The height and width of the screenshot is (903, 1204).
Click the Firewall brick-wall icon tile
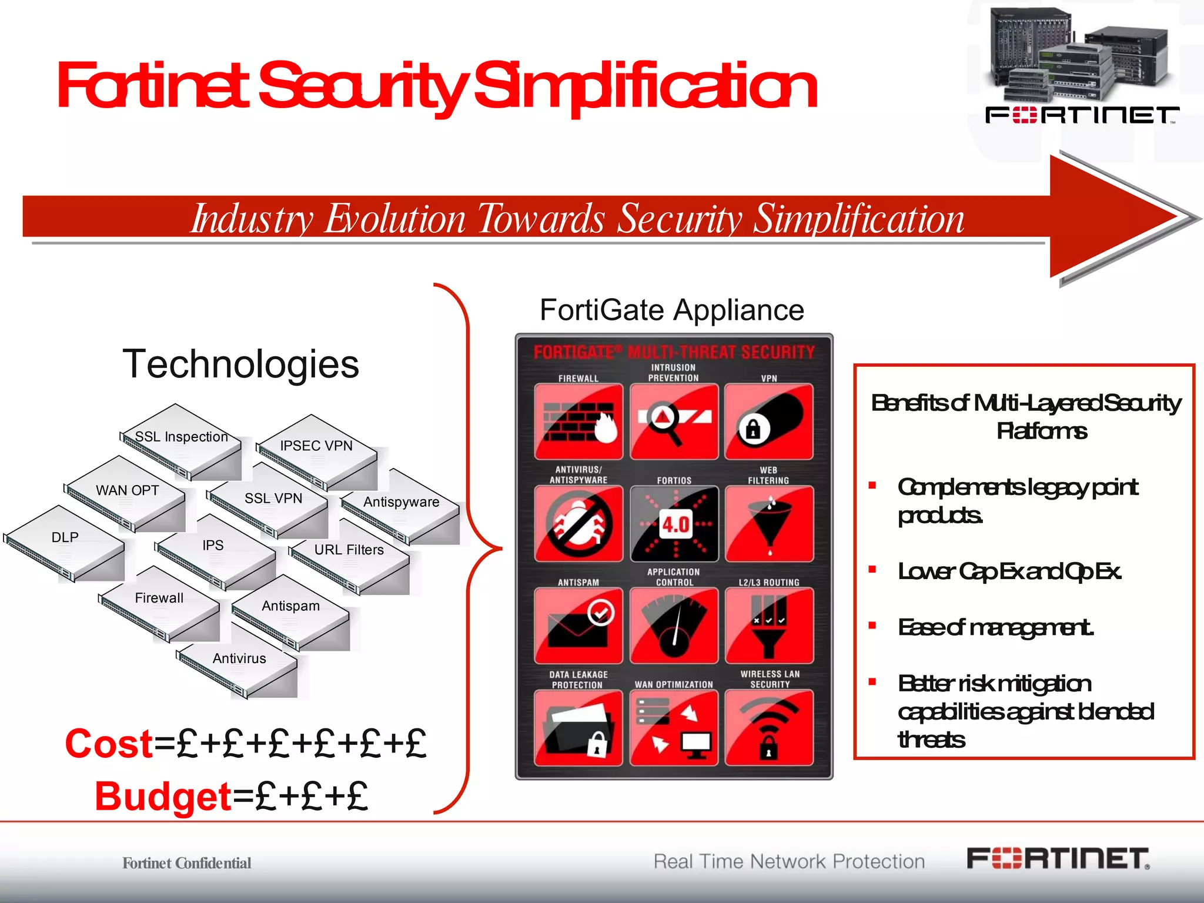(578, 422)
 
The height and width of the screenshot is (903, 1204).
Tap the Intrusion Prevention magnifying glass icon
(674, 422)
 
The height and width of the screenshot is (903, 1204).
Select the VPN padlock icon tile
(769, 422)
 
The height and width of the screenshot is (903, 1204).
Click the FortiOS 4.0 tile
(674, 523)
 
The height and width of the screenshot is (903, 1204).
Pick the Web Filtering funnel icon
(769, 523)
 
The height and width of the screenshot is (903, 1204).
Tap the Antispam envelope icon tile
(578, 626)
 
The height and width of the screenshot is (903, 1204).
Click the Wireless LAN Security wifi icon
(769, 728)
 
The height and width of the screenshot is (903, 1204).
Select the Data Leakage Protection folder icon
(578, 728)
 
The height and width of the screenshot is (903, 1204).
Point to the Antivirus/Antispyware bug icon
(578, 523)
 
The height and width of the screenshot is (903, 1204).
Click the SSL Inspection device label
(181, 437)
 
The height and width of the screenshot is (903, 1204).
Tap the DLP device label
(65, 537)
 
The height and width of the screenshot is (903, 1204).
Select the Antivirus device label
(239, 658)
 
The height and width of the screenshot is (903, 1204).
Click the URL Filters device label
(349, 550)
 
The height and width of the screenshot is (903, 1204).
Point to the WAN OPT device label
(128, 490)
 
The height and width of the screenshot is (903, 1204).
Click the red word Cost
(109, 744)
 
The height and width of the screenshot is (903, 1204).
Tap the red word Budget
(163, 797)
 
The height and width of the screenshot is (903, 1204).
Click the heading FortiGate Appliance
(672, 310)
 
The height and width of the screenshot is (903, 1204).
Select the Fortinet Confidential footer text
(186, 863)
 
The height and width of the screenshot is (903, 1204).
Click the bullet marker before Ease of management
(872, 626)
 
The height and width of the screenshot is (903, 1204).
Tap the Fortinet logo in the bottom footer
(1058, 859)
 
